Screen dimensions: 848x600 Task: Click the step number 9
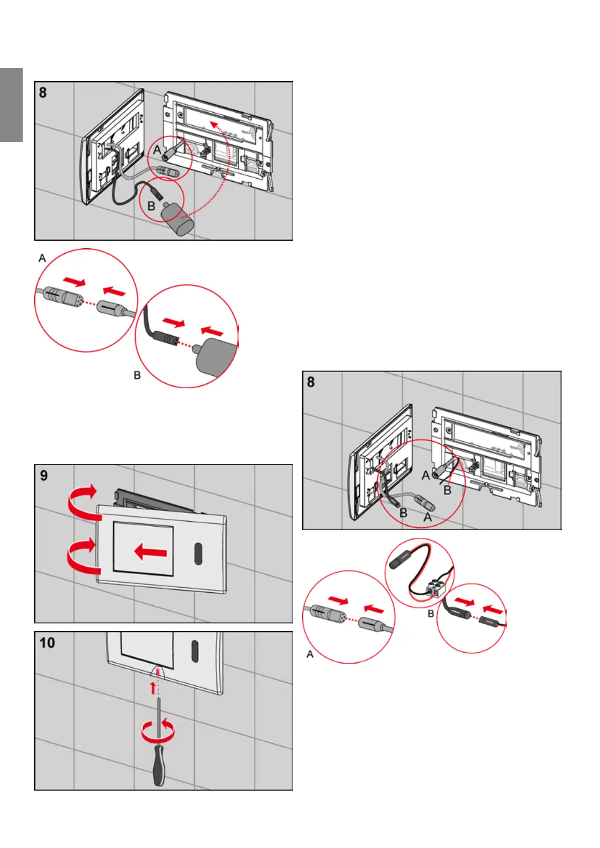click(44, 475)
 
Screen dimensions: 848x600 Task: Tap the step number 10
click(47, 643)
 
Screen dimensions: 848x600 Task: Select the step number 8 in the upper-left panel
click(43, 93)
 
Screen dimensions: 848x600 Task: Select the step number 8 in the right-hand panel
click(311, 382)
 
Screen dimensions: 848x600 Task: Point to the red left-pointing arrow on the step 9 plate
click(151, 552)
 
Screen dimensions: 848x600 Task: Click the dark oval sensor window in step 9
click(198, 553)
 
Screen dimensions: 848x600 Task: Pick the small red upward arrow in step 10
click(153, 688)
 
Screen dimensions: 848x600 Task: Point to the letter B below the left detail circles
click(137, 376)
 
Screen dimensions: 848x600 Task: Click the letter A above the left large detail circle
click(42, 258)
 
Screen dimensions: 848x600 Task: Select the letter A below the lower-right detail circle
click(310, 654)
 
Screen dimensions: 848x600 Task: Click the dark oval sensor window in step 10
click(194, 651)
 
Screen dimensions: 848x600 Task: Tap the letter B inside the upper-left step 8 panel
click(151, 206)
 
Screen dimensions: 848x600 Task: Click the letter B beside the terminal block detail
click(431, 614)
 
